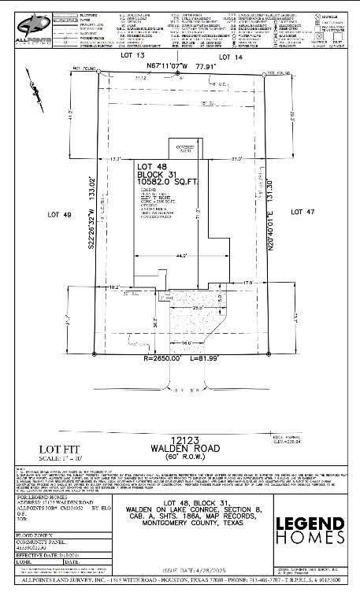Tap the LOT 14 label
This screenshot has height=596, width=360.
[229, 57]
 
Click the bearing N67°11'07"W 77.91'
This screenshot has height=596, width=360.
[179, 67]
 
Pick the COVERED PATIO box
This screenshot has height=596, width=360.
[187, 147]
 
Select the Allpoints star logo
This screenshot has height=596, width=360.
[35, 24]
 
